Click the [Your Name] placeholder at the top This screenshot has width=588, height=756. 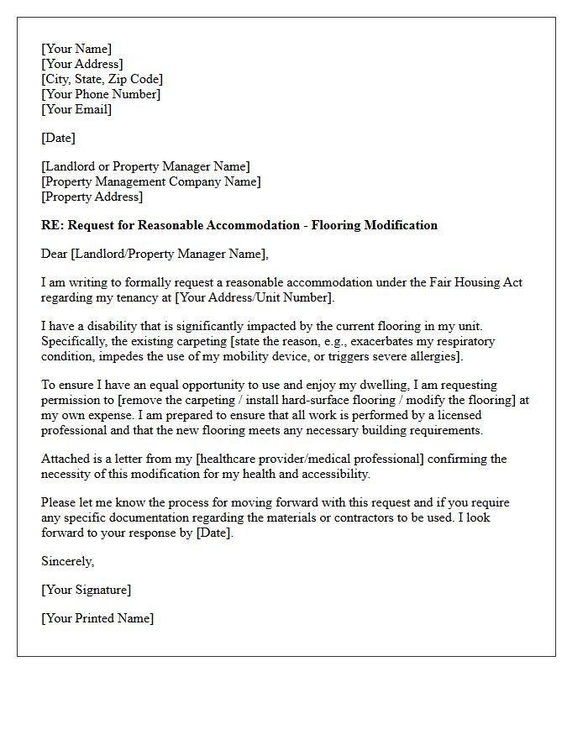(x=76, y=49)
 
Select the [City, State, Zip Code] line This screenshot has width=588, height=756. (x=102, y=79)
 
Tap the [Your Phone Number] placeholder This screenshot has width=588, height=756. (x=101, y=94)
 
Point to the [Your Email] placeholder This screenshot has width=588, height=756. (x=76, y=109)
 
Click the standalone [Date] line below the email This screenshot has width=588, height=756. (x=58, y=138)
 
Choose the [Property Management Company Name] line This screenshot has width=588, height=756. (x=151, y=181)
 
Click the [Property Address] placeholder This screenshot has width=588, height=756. (x=92, y=197)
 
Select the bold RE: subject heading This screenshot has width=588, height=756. (x=239, y=225)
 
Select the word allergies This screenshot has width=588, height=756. (x=434, y=356)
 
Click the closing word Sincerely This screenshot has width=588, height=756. (x=68, y=561)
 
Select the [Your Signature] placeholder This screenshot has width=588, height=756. (x=86, y=590)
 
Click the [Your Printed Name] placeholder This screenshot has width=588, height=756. (x=97, y=618)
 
